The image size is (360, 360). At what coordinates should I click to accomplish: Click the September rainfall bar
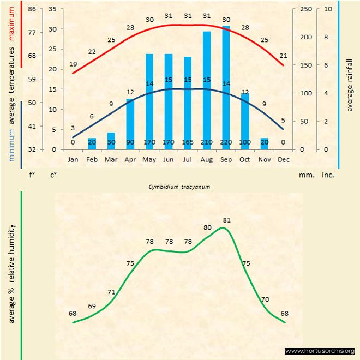(x=226, y=87)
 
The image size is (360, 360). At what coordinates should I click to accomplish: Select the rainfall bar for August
(x=207, y=90)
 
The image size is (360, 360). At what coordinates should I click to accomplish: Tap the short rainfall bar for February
(x=92, y=143)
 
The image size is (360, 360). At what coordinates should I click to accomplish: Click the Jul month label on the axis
(x=188, y=160)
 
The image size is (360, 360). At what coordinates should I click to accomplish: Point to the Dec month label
(x=283, y=160)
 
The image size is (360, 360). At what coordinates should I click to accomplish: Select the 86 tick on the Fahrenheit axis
(x=32, y=9)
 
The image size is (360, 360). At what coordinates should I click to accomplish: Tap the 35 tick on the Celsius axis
(x=52, y=9)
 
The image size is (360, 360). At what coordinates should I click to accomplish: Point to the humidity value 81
(x=227, y=220)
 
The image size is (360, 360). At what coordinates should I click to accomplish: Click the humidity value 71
(x=111, y=292)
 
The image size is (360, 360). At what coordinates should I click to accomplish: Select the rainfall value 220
(x=226, y=142)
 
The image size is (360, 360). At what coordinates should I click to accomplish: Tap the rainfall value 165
(x=188, y=142)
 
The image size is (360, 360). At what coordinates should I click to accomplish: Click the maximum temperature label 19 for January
(x=73, y=64)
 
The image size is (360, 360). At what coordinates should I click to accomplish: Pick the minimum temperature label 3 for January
(x=73, y=128)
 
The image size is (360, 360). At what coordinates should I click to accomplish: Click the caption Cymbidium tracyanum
(x=179, y=187)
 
